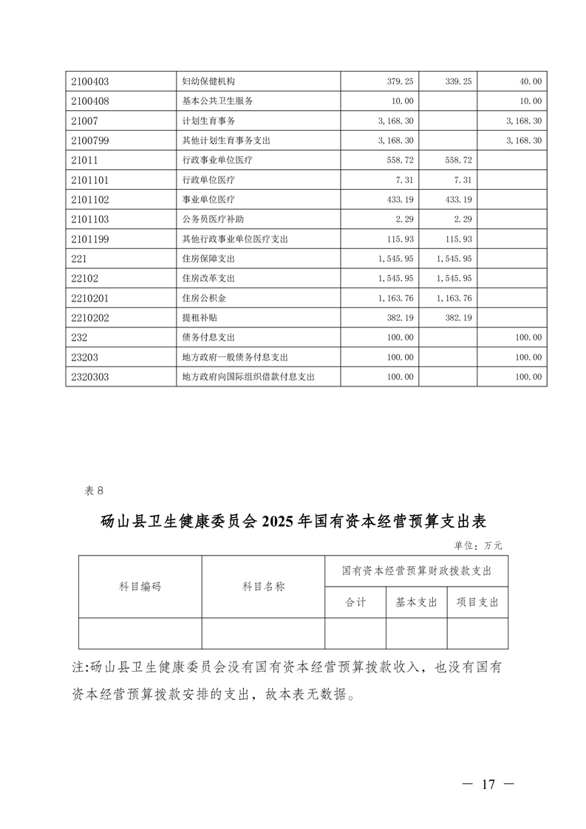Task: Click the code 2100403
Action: (89, 81)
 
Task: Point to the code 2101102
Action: (89, 199)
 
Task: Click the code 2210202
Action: (89, 318)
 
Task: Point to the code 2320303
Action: (89, 377)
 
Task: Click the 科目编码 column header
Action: (140, 587)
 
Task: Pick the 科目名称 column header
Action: (263, 587)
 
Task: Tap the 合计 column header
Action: (355, 602)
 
